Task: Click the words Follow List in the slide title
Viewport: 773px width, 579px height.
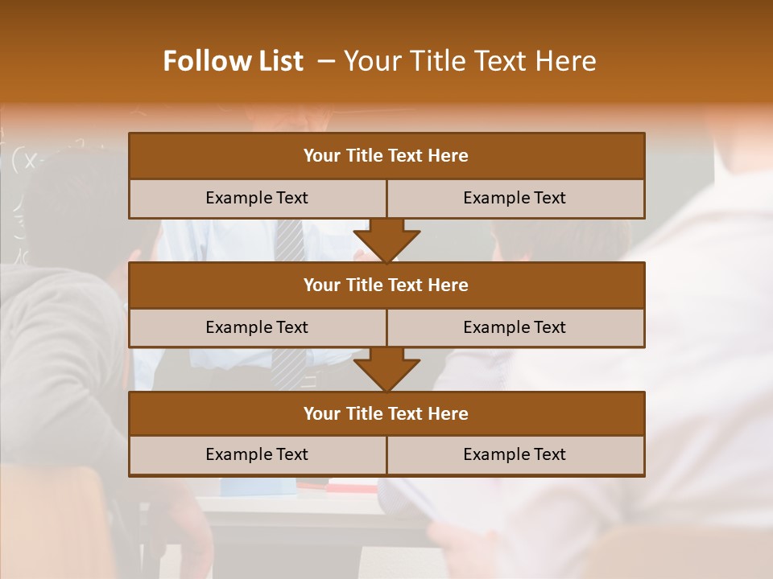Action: point(233,61)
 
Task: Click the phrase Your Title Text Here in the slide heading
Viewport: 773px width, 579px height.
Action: point(469,61)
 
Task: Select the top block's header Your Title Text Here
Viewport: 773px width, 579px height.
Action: point(386,156)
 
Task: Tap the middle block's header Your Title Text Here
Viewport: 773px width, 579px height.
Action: point(386,285)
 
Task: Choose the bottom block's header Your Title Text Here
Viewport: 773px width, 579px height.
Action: point(386,413)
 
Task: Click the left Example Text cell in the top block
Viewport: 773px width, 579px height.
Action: point(257,198)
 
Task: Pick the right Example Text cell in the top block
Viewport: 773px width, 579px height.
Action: point(515,198)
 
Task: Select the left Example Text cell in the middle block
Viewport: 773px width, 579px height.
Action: point(257,327)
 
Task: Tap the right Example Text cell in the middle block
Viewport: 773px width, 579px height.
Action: point(515,327)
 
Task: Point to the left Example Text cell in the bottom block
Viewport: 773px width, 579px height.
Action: point(257,454)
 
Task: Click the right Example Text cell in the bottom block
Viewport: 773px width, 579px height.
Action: point(515,454)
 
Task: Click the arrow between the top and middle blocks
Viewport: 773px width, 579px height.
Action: point(386,241)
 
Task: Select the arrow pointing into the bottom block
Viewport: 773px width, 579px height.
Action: point(386,370)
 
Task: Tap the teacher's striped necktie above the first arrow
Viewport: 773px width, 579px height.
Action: point(288,240)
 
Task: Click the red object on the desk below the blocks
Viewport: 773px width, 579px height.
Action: point(353,487)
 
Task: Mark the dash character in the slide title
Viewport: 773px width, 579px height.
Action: point(326,61)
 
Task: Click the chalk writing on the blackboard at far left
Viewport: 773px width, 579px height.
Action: point(32,160)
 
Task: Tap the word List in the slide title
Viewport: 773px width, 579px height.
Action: point(276,61)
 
